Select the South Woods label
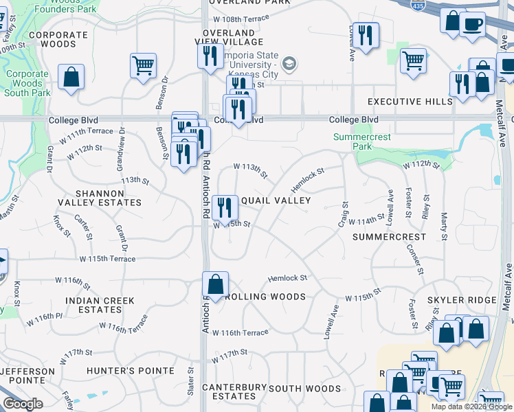click(x=304, y=389)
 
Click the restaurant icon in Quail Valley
click(x=225, y=207)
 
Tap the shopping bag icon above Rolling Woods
click(x=216, y=284)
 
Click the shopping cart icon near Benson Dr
click(x=143, y=66)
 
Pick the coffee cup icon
click(x=472, y=24)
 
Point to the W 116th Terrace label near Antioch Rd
click(x=241, y=332)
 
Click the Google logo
click(x=23, y=404)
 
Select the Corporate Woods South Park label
click(x=27, y=83)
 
